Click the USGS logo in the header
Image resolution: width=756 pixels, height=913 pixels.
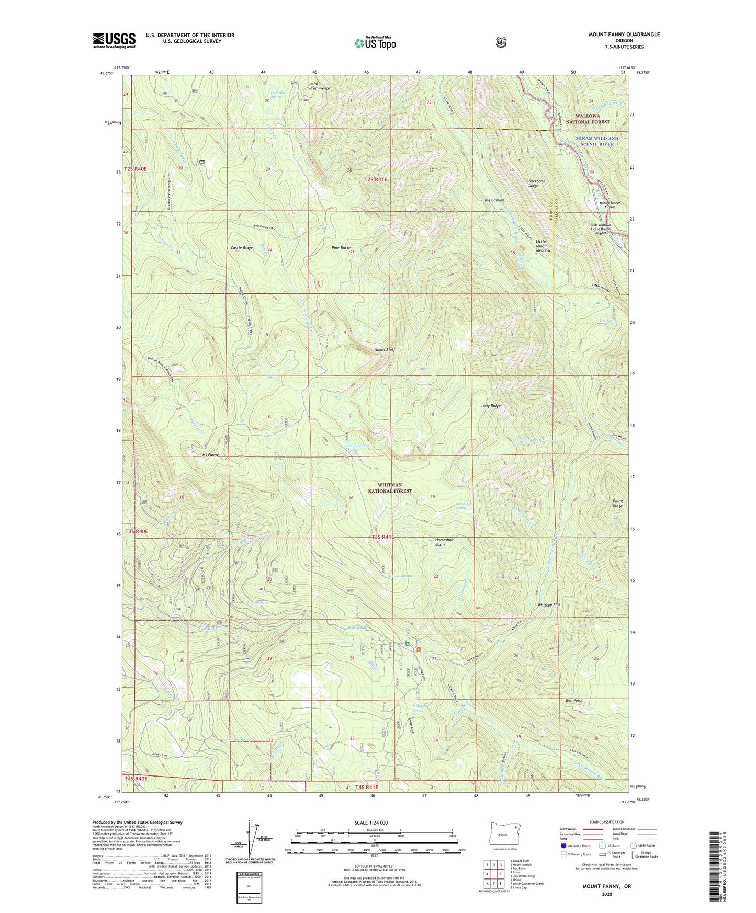tap(114, 40)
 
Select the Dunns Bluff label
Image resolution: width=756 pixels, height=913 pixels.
tap(384, 350)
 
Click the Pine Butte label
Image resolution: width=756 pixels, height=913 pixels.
tap(341, 248)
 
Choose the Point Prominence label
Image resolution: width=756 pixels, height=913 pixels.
tap(319, 86)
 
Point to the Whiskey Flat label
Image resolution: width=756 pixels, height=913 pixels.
tap(549, 605)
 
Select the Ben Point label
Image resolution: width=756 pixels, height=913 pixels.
tap(574, 700)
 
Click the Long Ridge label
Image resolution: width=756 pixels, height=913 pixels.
tap(491, 406)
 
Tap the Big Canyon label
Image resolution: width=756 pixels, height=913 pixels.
tap(494, 200)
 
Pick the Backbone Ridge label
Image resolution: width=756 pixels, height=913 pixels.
tap(536, 184)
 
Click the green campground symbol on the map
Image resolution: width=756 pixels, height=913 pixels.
tap(407, 644)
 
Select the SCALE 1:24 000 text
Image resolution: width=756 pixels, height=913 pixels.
tap(371, 823)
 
